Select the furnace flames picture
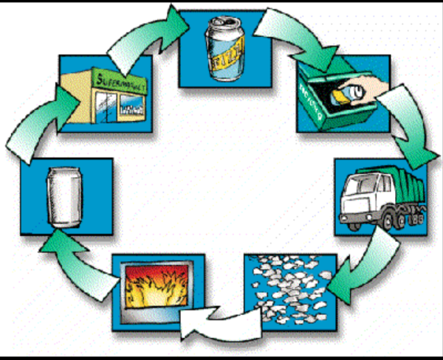pos(156,291)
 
